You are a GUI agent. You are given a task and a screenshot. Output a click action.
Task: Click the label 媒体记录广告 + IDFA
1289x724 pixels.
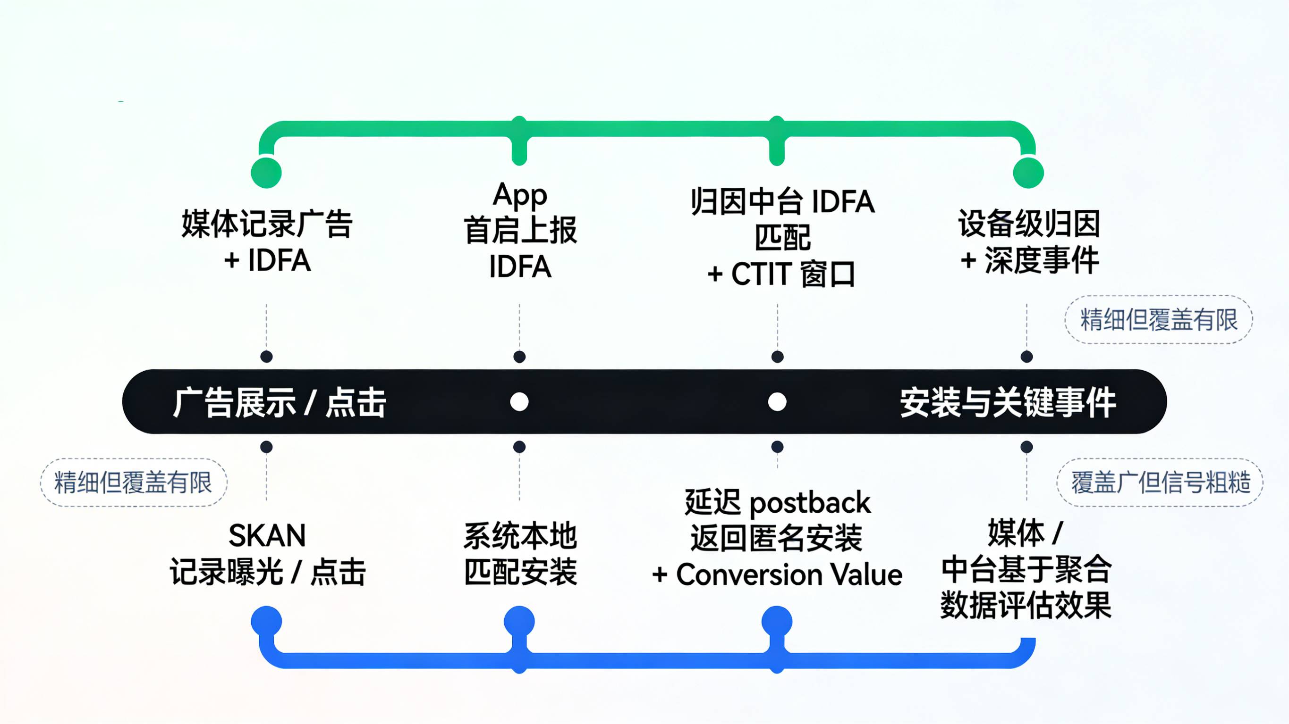267,241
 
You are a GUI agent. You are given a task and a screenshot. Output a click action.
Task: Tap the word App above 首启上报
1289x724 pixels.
519,194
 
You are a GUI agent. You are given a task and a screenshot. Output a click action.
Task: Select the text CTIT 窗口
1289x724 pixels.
792,274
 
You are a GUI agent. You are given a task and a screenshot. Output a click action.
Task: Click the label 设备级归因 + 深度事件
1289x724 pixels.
1029,241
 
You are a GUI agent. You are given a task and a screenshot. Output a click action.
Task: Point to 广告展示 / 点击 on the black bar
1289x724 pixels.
279,402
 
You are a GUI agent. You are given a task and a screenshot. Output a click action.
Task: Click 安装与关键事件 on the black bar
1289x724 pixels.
1007,402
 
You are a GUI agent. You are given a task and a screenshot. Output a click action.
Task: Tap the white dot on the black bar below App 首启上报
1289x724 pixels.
519,401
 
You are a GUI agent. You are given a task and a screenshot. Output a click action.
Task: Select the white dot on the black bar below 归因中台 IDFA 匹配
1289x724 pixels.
777,401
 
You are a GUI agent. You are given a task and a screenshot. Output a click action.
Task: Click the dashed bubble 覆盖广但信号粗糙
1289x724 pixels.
1160,483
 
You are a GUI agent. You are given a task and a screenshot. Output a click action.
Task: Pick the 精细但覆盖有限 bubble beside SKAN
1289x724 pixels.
134,483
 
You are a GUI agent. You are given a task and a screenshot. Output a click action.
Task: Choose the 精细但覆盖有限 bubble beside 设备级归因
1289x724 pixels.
1158,319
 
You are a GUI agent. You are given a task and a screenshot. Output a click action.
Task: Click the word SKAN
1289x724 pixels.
267,535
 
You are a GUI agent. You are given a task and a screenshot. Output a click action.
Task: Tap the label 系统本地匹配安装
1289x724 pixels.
520,554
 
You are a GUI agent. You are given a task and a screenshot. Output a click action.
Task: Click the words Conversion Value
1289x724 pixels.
789,574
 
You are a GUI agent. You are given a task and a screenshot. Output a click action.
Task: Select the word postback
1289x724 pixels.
810,502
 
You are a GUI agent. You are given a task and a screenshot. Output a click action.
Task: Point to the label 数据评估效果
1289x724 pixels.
1026,605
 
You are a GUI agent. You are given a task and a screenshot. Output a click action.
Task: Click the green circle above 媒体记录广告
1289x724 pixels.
266,173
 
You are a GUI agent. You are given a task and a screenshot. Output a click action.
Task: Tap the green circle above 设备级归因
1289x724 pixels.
1028,173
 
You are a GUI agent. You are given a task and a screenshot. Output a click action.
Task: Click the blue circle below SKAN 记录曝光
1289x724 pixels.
266,622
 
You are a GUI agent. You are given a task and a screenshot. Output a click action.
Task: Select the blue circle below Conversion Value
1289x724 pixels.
777,622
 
